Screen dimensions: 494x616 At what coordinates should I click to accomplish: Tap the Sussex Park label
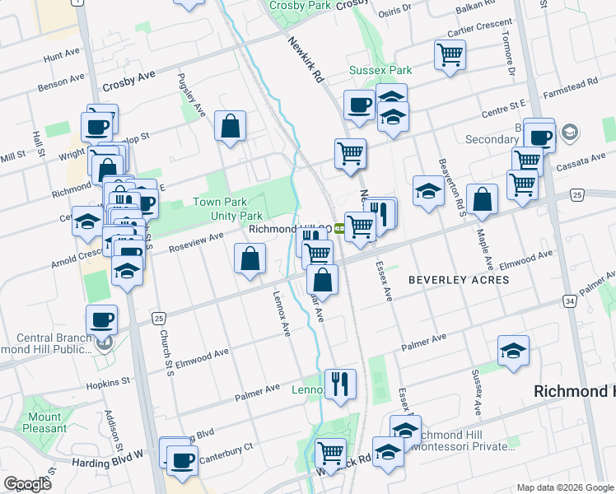click(x=380, y=71)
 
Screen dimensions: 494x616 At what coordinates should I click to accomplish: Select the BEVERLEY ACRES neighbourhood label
click(x=459, y=280)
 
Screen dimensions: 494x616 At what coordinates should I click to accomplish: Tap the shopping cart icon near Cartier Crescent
click(x=450, y=55)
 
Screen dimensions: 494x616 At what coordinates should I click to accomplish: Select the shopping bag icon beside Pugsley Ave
click(x=231, y=126)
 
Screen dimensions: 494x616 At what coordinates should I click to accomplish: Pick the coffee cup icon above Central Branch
click(x=101, y=319)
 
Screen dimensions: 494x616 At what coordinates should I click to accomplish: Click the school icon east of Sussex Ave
click(x=513, y=350)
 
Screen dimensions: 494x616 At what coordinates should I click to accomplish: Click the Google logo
click(x=26, y=484)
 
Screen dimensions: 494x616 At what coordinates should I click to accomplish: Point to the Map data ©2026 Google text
click(x=564, y=487)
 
